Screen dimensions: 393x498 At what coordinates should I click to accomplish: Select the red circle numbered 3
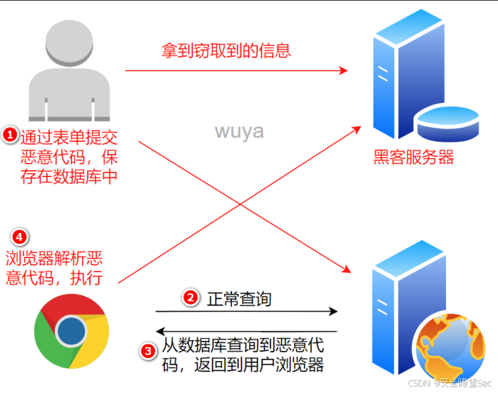[148, 351]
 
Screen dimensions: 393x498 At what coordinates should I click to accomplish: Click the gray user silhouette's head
[70, 46]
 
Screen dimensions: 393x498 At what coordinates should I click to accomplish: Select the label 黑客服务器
[414, 156]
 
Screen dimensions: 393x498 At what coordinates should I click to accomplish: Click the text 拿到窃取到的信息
[226, 50]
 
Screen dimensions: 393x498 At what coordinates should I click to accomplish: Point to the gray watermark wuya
[239, 132]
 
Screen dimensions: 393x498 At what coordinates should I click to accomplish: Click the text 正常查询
[239, 298]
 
